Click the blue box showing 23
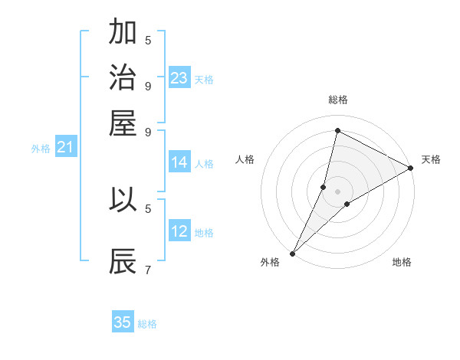[179, 78]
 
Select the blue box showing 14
[179, 162]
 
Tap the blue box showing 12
[179, 231]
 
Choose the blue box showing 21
[65, 147]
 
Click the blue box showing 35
[123, 322]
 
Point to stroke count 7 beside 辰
[148, 270]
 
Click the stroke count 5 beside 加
[148, 40]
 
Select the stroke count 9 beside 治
[148, 86]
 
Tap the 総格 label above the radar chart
[338, 100]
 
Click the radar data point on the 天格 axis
[410, 169]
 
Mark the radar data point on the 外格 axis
[292, 253]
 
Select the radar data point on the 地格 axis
[347, 204]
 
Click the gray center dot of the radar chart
[338, 191]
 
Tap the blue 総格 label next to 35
[147, 324]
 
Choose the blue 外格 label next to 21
[41, 149]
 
